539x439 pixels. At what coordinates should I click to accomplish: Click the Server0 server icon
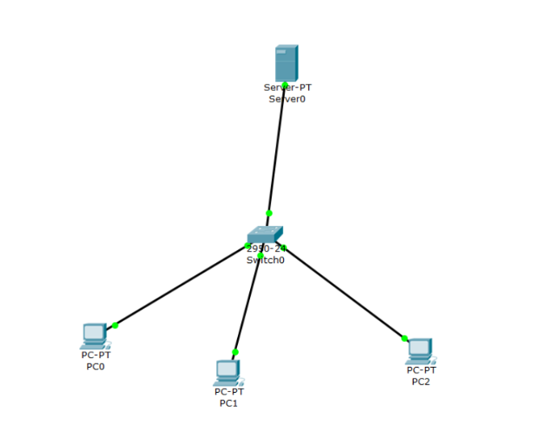coord(286,62)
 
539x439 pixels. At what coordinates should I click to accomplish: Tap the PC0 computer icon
coord(95,335)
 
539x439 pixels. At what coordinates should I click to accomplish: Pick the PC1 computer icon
coord(228,372)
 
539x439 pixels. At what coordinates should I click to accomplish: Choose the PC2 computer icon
coord(420,350)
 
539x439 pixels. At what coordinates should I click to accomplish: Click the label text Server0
coord(287,99)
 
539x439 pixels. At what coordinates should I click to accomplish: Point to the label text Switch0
coord(265,260)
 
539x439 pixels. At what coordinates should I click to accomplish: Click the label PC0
coord(95,366)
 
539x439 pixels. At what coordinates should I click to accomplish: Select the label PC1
coord(229,403)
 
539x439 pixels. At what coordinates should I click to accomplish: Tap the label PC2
coord(421,381)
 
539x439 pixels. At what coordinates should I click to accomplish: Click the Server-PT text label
coord(287,87)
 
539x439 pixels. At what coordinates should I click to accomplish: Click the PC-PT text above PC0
coord(95,355)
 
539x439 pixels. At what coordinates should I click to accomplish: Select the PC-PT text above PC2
coord(421,370)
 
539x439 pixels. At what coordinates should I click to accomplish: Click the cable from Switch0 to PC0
coord(182,284)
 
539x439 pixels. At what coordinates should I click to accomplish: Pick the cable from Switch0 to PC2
coord(344,292)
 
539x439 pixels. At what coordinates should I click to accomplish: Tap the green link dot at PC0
coord(115,325)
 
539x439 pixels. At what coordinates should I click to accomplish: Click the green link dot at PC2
coord(404,338)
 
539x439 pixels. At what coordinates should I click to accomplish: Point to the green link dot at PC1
coord(236,352)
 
